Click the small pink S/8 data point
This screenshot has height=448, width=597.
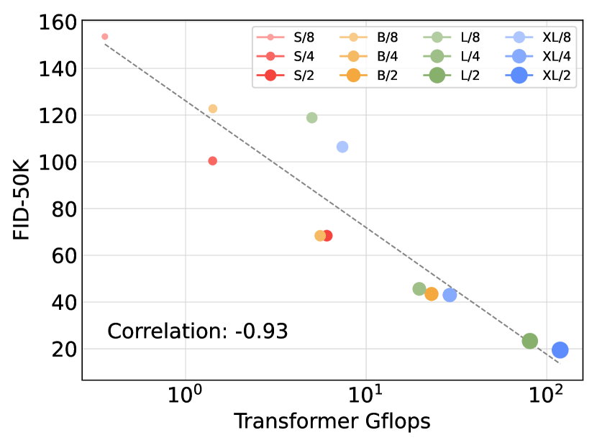[x=105, y=36]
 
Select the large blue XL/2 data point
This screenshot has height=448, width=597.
[x=560, y=350]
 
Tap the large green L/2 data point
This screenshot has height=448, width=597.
[x=530, y=341]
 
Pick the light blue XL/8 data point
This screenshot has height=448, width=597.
[x=342, y=147]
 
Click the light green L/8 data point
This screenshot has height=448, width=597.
[x=312, y=118]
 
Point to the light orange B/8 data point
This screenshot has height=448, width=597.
[x=213, y=109]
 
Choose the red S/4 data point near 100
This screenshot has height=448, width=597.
[x=213, y=161]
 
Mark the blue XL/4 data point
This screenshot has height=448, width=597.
[x=450, y=295]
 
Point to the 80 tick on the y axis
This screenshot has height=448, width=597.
[x=63, y=209]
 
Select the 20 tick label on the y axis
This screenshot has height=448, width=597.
[x=63, y=349]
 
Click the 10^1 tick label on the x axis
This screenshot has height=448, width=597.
[x=366, y=395]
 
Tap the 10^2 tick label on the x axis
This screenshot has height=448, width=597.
[x=547, y=395]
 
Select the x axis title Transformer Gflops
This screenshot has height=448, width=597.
[x=332, y=422]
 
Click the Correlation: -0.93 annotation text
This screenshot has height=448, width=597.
[x=198, y=332]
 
